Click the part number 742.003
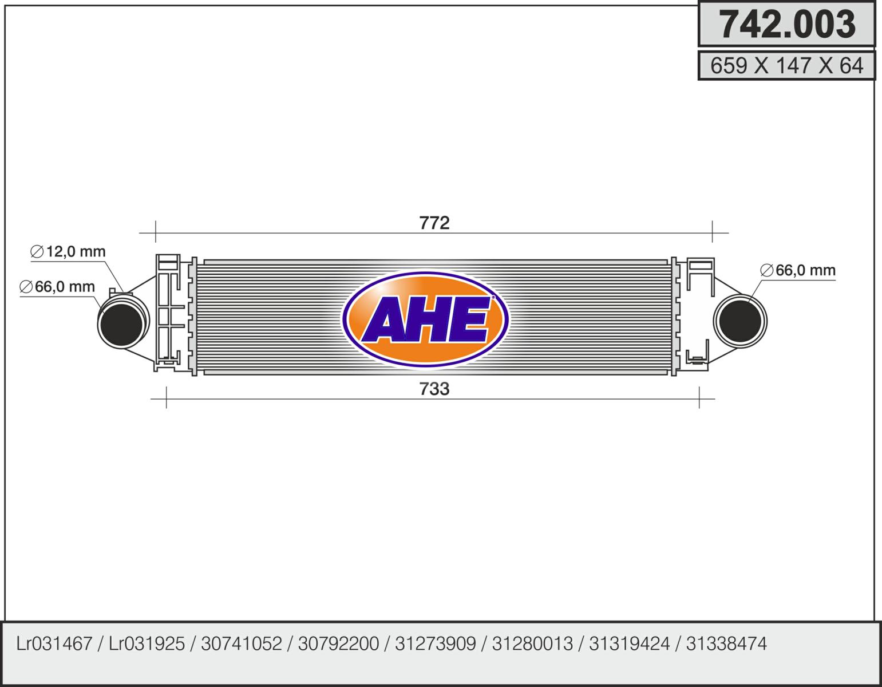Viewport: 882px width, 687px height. (786, 25)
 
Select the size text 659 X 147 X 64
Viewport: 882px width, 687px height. (786, 65)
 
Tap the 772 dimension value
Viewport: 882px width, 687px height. (434, 223)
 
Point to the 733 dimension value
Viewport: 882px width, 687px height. (434, 389)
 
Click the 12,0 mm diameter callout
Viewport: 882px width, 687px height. (68, 251)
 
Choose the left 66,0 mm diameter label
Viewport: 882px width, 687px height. (57, 286)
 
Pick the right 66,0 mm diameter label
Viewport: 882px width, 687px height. (798, 270)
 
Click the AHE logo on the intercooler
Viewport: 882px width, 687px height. (425, 319)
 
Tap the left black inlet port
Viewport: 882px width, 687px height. (121, 324)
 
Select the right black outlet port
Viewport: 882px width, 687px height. (740, 321)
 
